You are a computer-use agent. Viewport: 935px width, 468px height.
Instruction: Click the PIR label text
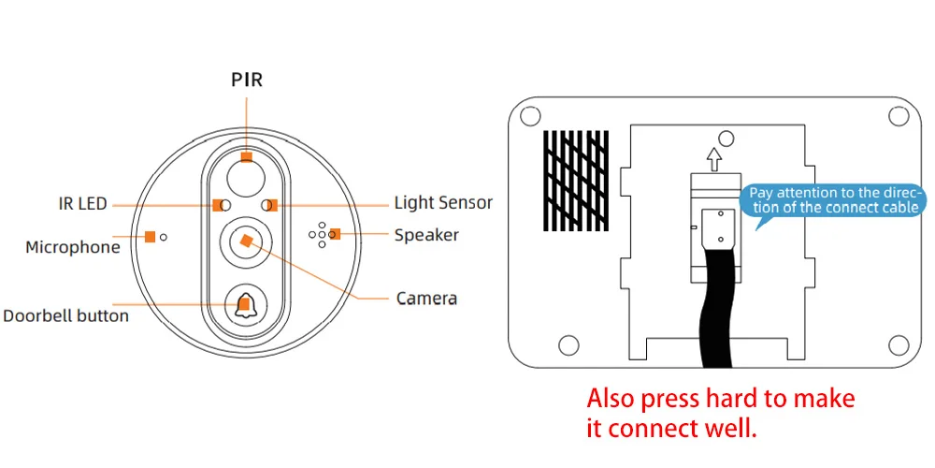247,80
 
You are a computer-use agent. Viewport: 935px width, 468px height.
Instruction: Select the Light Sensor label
443,202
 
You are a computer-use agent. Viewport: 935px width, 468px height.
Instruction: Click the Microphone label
73,247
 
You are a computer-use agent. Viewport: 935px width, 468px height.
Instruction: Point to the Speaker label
426,235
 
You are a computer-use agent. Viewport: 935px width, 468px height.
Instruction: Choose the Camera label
426,299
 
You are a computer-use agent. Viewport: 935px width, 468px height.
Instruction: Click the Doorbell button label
65,315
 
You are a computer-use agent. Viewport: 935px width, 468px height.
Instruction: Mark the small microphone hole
164,237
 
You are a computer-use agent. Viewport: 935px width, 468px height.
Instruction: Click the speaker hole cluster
319,235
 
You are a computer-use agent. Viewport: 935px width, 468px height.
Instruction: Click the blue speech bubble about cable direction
834,200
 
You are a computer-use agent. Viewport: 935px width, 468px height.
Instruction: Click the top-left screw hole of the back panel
528,117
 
